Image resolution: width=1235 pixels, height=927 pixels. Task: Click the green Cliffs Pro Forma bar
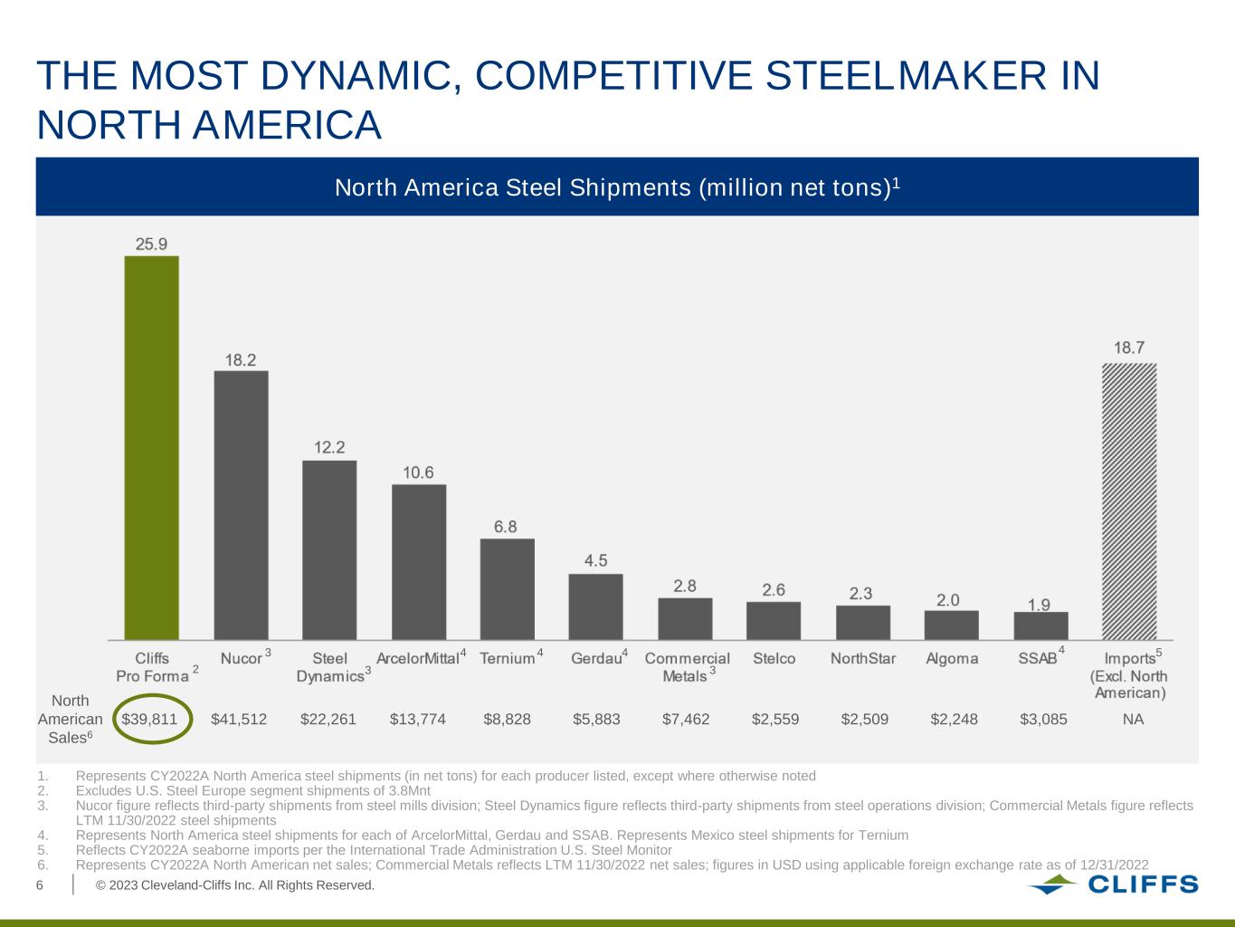(151, 448)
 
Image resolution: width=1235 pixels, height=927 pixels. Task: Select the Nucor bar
(241, 505)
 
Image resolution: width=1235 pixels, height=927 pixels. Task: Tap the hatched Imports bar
(1128, 502)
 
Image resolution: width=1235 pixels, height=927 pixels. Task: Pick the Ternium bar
(507, 589)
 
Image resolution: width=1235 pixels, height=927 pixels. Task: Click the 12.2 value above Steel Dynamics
(329, 447)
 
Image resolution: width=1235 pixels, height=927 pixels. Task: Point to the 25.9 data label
(151, 243)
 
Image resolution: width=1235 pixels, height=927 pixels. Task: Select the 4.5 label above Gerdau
(595, 560)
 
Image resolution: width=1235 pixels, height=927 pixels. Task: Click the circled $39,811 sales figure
(156, 720)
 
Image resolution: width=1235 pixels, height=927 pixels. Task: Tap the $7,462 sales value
(686, 720)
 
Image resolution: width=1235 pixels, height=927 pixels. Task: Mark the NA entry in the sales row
(1133, 720)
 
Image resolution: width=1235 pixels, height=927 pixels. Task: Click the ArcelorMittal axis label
(418, 659)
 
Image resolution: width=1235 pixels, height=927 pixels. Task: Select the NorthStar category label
(863, 659)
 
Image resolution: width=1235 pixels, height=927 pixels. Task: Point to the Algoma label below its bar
(952, 659)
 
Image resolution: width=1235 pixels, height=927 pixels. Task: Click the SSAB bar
(1040, 626)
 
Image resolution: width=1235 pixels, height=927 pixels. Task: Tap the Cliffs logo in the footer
(1113, 884)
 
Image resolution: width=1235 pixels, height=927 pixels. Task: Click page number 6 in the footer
(40, 885)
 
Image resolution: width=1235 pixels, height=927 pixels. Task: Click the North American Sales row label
(70, 720)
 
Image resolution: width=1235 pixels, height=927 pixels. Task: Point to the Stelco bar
(774, 621)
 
